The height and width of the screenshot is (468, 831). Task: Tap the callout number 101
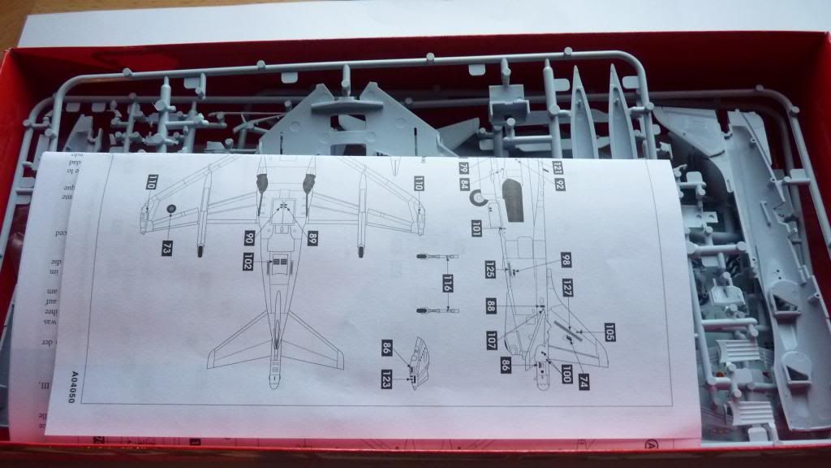coord(476,230)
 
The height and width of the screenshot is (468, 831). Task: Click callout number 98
coord(566,260)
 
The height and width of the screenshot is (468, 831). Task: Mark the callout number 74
coord(584,382)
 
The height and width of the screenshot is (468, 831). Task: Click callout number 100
coord(566,375)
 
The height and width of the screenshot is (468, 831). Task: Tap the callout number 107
coord(492,340)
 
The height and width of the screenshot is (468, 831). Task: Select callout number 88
coord(492,306)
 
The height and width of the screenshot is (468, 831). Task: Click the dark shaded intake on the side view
coord(511,200)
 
